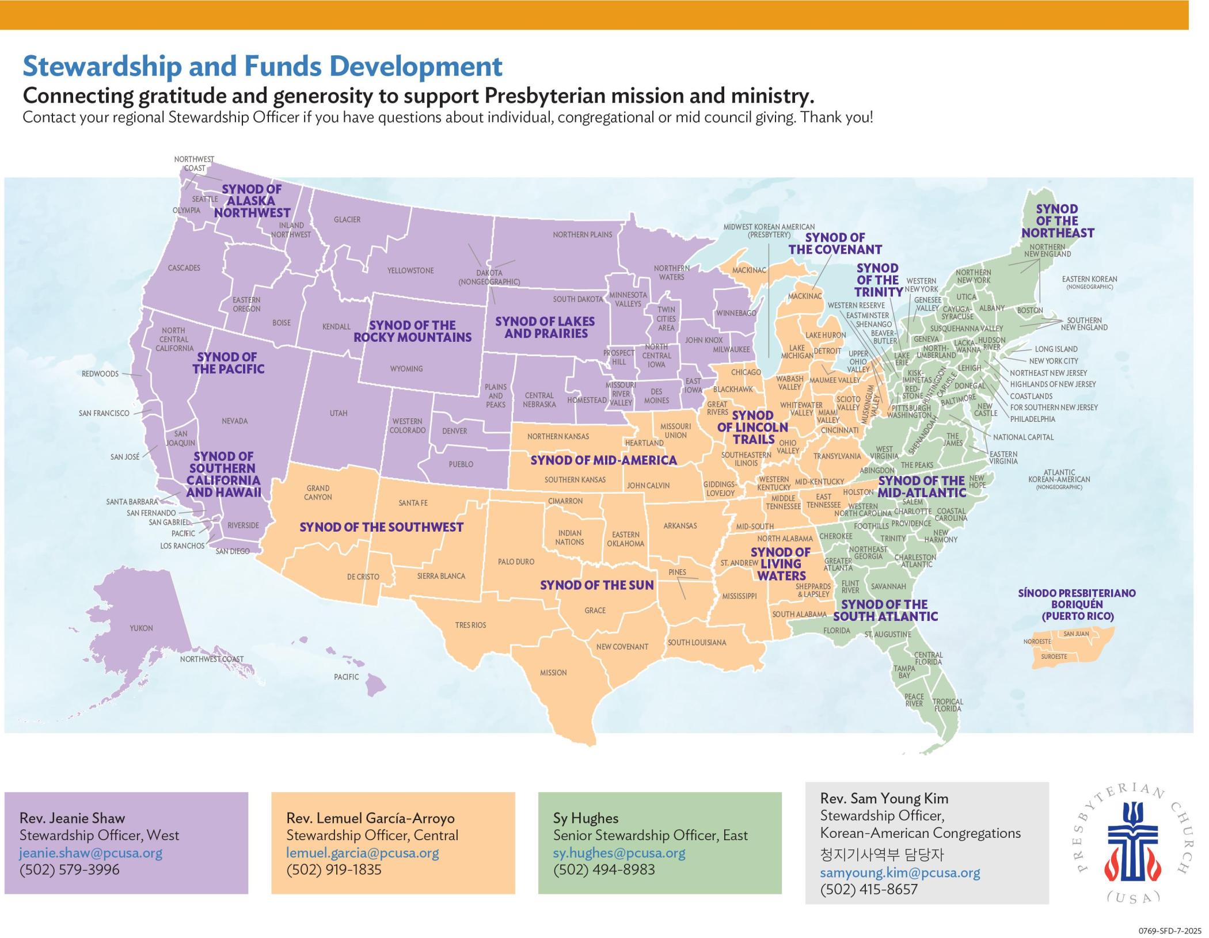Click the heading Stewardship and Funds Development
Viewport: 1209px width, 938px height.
[x=263, y=67]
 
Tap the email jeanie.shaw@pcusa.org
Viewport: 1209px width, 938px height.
[x=91, y=853]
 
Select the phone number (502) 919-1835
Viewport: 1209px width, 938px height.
[x=334, y=870]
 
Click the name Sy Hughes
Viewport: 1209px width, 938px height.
[x=586, y=818]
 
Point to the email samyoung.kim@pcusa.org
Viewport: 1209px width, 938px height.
[x=900, y=872]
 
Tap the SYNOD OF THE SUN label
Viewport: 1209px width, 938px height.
[x=596, y=585]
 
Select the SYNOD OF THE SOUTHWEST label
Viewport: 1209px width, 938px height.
[x=381, y=527]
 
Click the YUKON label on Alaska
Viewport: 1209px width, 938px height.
[x=141, y=628]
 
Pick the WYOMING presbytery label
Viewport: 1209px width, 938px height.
[x=406, y=369]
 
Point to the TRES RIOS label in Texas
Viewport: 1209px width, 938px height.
[x=470, y=625]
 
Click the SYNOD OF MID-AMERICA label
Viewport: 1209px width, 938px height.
[x=603, y=460]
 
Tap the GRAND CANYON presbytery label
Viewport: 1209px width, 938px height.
[x=318, y=493]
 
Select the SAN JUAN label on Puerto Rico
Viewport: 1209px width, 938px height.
[x=1076, y=634]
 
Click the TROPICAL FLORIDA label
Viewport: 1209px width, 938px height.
[x=948, y=705]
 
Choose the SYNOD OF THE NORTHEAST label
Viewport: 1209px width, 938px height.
[x=1057, y=221]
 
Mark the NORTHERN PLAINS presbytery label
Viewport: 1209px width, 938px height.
[x=582, y=235]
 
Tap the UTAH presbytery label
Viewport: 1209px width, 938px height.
[x=339, y=413]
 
